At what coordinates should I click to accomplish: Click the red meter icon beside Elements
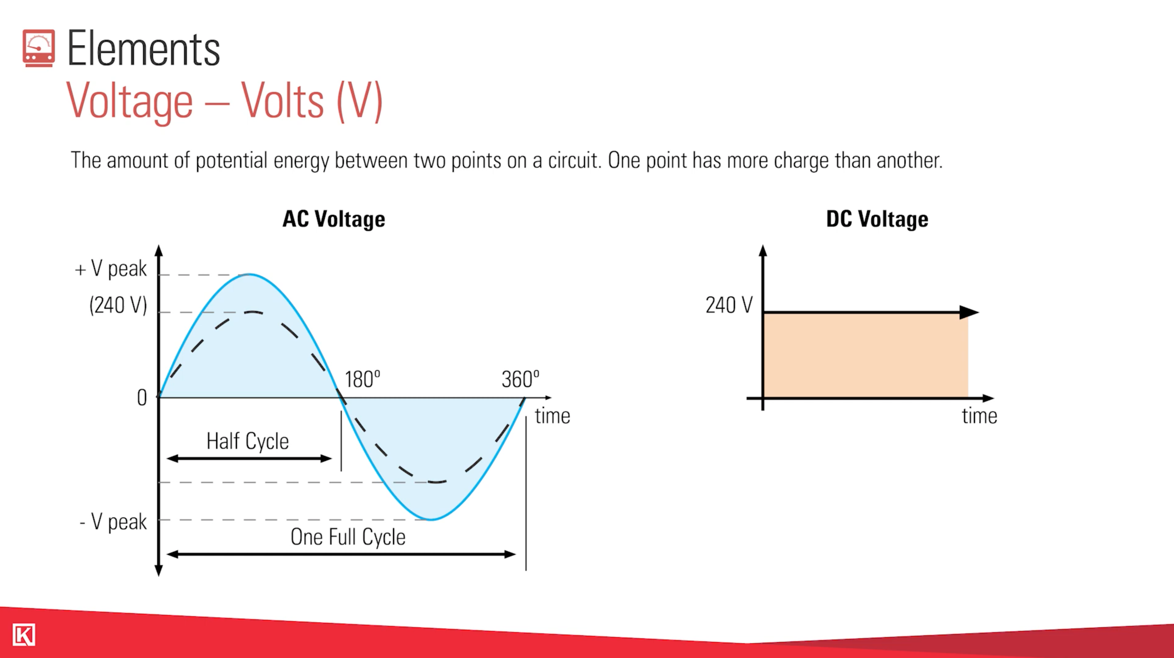(39, 48)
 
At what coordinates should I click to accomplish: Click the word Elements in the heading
(144, 49)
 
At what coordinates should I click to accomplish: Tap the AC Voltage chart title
(334, 219)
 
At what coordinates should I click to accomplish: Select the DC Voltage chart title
(877, 219)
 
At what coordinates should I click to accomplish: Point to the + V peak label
(111, 269)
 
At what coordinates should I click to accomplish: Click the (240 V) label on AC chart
(118, 305)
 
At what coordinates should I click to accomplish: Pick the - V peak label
(113, 522)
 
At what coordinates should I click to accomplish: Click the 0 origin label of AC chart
(142, 398)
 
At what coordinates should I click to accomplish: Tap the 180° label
(362, 379)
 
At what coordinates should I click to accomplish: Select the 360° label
(520, 379)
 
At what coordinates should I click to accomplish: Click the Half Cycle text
(247, 441)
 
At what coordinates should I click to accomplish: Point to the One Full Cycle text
(348, 537)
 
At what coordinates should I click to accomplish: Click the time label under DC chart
(979, 416)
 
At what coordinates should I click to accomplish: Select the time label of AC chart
(552, 416)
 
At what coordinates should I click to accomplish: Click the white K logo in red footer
(24, 635)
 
